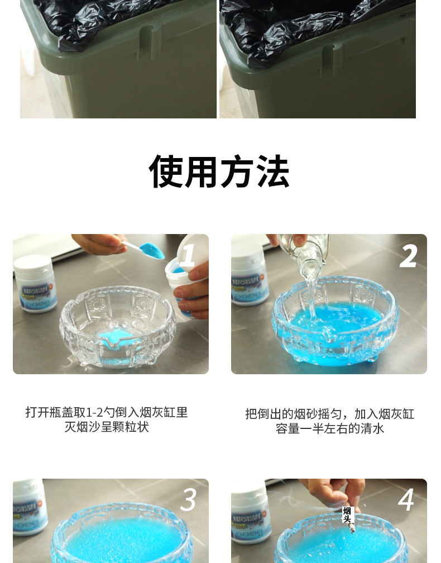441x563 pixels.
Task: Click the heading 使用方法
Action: click(219, 171)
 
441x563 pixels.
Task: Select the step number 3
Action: click(188, 500)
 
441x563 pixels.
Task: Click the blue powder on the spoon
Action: click(151, 251)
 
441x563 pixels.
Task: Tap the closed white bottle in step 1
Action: click(35, 284)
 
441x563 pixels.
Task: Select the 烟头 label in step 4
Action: click(347, 514)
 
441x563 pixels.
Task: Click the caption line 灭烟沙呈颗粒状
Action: click(107, 427)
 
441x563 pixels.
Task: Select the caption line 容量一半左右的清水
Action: click(329, 429)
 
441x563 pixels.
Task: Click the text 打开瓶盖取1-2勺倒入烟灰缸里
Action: click(107, 412)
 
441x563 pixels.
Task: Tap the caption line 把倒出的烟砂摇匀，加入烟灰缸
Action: click(329, 414)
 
